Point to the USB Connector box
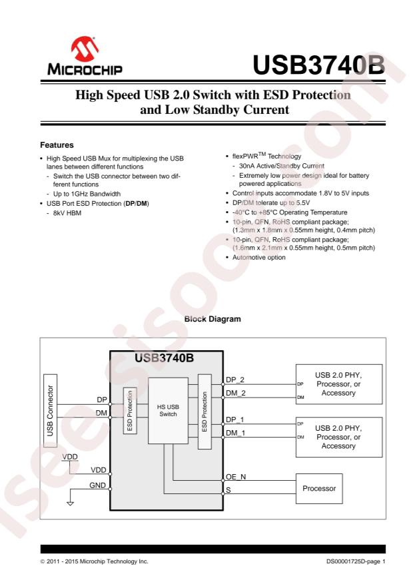[53, 411]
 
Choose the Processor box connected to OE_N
[318, 487]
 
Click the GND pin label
[97, 486]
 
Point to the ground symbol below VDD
[69, 502]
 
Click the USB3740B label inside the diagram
[165, 358]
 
